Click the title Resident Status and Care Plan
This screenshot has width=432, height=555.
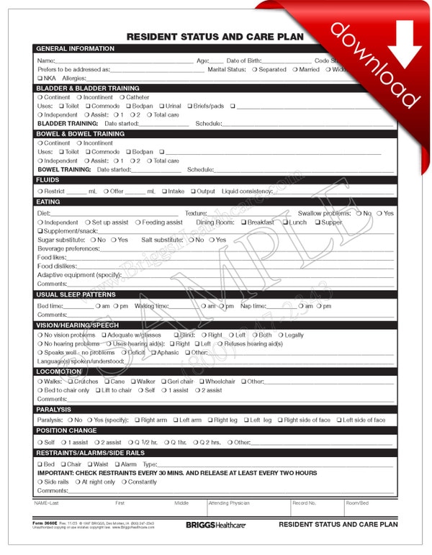215,36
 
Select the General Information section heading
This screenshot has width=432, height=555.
76,49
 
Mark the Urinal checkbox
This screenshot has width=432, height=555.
161,106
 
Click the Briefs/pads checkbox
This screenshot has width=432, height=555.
190,106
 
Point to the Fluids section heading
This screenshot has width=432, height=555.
48,180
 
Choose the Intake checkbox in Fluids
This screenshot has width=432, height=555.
164,191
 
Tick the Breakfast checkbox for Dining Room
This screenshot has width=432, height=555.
244,222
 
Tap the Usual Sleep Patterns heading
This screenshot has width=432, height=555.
76,294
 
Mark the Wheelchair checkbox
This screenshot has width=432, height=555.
202,382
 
